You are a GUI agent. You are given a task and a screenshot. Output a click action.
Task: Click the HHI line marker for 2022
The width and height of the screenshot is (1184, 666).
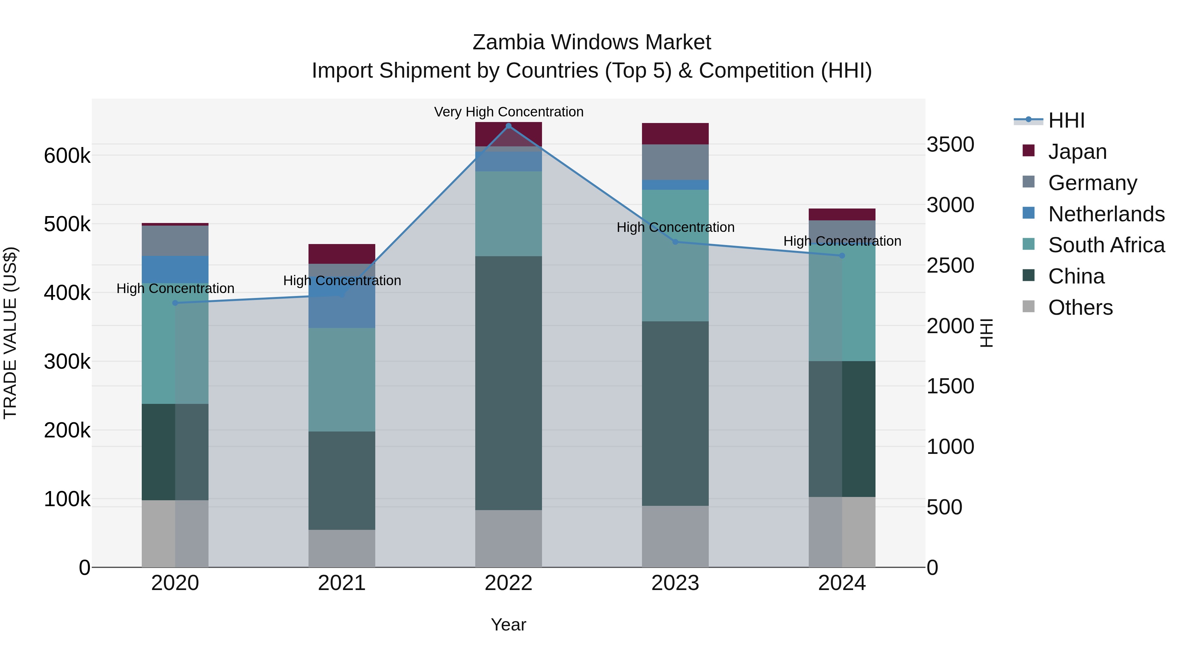(508, 126)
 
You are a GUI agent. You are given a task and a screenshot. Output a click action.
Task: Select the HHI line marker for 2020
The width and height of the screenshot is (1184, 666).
(175, 303)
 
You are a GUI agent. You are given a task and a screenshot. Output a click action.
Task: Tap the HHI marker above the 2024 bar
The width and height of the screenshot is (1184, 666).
(842, 256)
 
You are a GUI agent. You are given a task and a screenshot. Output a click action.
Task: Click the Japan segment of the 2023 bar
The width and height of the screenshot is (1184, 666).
(675, 134)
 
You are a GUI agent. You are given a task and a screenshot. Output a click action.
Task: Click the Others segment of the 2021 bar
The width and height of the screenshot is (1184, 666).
(341, 548)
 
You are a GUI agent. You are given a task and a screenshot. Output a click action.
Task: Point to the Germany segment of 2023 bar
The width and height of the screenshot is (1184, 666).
(675, 162)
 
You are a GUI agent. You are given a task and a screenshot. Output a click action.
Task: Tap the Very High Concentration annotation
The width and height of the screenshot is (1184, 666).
(508, 112)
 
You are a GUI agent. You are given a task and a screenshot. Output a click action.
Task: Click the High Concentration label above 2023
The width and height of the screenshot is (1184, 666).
(675, 227)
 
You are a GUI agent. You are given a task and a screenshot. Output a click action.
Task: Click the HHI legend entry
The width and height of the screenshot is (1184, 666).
(1066, 120)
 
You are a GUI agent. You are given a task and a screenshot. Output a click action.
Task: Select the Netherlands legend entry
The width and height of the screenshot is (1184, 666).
(1106, 214)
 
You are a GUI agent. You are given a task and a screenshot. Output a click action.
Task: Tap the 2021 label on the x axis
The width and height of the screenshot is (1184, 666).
(341, 583)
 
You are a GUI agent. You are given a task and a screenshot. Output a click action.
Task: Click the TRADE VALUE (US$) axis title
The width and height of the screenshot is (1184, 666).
(10, 333)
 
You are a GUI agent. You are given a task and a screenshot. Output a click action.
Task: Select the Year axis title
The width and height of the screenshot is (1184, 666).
(508, 625)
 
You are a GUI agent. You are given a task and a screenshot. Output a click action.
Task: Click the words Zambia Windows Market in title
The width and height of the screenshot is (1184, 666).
(592, 42)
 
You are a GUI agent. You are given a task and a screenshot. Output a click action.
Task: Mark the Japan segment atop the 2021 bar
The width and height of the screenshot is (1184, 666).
(341, 254)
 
